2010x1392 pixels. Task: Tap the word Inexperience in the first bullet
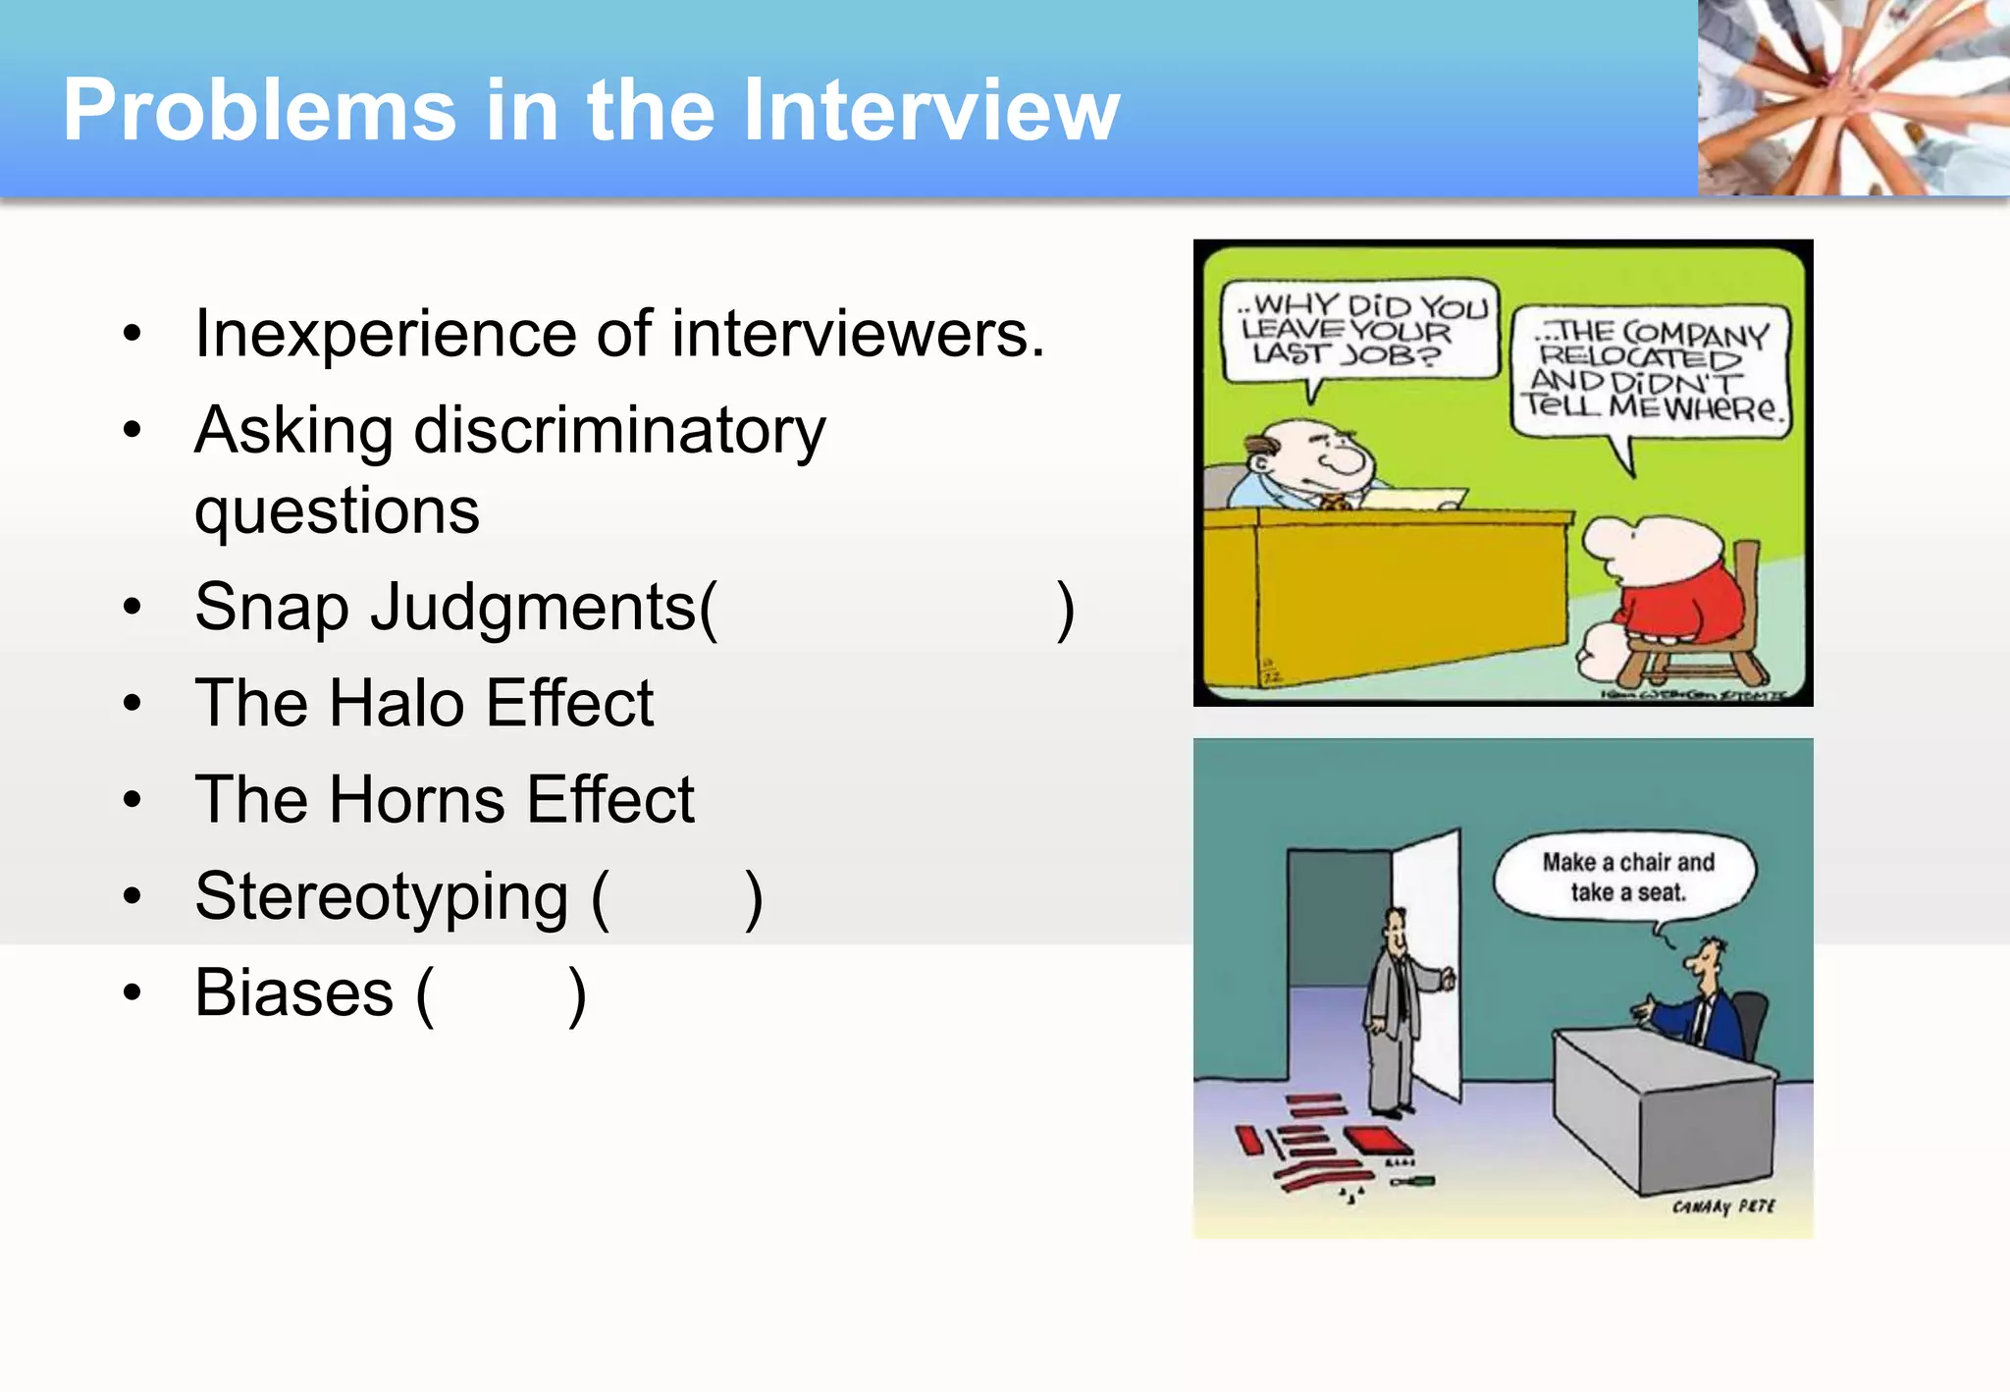click(x=386, y=335)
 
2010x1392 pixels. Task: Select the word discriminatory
click(x=619, y=431)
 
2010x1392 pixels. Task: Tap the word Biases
click(x=293, y=992)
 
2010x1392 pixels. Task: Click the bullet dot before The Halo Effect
click(x=132, y=703)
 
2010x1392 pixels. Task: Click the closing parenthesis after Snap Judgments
click(x=1065, y=610)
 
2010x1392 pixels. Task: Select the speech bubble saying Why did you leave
click(x=1361, y=331)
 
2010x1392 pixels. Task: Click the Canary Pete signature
click(x=1723, y=1205)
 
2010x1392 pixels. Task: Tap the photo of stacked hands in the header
click(x=1853, y=97)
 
